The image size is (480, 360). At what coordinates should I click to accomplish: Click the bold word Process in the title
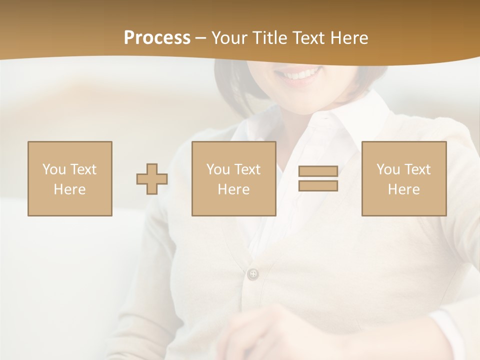[x=157, y=38]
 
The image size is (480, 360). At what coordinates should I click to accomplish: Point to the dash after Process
[x=201, y=38]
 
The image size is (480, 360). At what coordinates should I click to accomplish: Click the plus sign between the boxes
[x=152, y=178]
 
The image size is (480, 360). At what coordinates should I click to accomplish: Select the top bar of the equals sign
[x=318, y=171]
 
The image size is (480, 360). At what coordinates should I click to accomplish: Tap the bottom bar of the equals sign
[x=318, y=185]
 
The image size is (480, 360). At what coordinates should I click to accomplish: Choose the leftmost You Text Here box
[x=69, y=178]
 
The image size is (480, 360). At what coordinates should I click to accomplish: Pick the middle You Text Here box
[x=233, y=178]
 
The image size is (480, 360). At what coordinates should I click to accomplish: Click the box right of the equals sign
[x=403, y=178]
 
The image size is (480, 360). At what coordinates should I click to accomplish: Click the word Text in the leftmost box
[x=83, y=169]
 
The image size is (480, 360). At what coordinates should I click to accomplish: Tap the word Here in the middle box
[x=233, y=189]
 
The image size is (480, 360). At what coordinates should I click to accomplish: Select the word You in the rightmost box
[x=388, y=169]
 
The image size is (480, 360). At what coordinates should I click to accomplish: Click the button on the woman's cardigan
[x=253, y=273]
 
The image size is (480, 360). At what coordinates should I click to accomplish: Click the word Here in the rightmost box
[x=403, y=189]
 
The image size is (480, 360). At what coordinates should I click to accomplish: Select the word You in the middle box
[x=218, y=169]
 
